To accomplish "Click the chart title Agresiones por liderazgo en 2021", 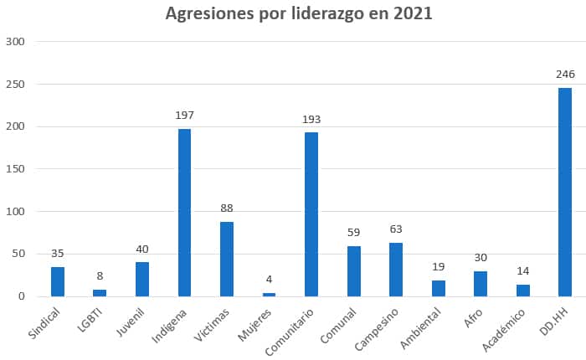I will pyautogui.click(x=299, y=14).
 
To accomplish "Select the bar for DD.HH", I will pyautogui.click(x=565, y=192).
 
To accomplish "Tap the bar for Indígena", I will pyautogui.click(x=184, y=213).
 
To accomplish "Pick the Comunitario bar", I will pyautogui.click(x=311, y=214).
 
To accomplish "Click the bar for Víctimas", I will pyautogui.click(x=227, y=259).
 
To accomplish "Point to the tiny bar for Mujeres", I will pyautogui.click(x=269, y=294).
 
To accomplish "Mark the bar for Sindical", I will pyautogui.click(x=58, y=281).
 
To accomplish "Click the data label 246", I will pyautogui.click(x=565, y=75).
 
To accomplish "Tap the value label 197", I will pyautogui.click(x=184, y=116).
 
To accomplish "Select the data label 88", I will pyautogui.click(x=227, y=208).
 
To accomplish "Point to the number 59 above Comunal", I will pyautogui.click(x=354, y=233).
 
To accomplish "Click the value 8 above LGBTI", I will pyautogui.click(x=100, y=276).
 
